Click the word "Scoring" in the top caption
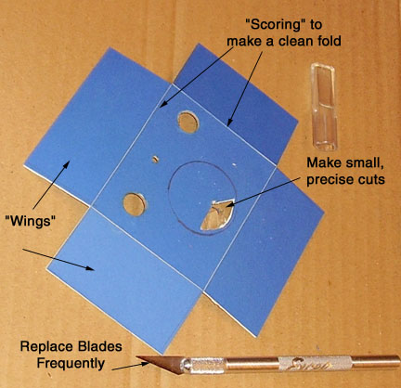[x=273, y=25]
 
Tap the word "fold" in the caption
[x=327, y=41]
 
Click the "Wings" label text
[x=31, y=221]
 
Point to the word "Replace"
[x=45, y=346]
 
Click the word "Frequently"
[x=71, y=363]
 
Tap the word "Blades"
[x=98, y=346]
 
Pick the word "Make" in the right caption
[x=323, y=163]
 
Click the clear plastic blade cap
[x=323, y=107]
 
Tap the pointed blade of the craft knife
[x=160, y=363]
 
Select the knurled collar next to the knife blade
[x=205, y=365]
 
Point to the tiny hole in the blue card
[x=155, y=160]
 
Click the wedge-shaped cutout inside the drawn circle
[x=217, y=214]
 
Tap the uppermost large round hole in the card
[x=188, y=122]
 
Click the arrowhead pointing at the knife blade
[x=146, y=364]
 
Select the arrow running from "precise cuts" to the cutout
[x=263, y=191]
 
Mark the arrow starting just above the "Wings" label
[x=49, y=185]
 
